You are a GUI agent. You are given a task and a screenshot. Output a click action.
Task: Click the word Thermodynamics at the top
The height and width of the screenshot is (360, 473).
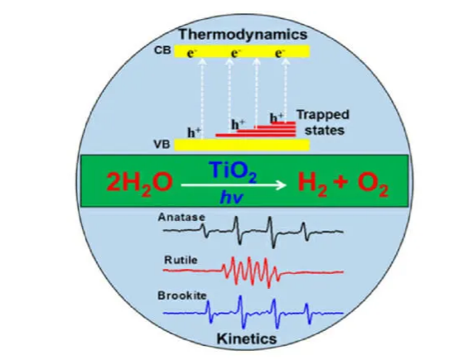[244, 34]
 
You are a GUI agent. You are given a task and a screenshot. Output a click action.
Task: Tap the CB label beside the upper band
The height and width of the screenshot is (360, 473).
[162, 50]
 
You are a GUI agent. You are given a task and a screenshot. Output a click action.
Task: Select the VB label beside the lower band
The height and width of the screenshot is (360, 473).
[162, 144]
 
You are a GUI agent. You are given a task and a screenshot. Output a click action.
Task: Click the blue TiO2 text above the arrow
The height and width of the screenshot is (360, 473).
[234, 171]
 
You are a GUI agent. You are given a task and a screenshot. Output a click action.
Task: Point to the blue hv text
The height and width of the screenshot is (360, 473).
[231, 197]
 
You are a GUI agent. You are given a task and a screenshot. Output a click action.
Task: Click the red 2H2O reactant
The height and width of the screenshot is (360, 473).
[139, 183]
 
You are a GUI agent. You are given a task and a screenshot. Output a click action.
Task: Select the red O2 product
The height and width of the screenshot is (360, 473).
[373, 185]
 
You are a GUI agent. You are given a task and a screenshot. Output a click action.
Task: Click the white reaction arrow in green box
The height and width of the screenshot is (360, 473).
[234, 185]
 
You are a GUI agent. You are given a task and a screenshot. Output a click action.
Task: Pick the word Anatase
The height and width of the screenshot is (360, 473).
[181, 217]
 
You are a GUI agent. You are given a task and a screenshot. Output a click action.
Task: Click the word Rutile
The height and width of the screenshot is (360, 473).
[181, 260]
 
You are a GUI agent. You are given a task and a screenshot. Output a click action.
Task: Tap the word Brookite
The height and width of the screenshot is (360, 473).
[182, 295]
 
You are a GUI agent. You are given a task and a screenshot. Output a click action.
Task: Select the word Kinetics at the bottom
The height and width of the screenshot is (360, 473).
[247, 338]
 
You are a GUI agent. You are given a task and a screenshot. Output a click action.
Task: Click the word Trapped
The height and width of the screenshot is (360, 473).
[322, 115]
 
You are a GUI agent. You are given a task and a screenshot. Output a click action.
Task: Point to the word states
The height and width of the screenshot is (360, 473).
[324, 131]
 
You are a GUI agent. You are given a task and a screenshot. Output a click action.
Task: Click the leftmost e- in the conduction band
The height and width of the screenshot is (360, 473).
[191, 53]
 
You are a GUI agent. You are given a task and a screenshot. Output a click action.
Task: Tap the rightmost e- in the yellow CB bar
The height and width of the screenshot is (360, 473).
[280, 53]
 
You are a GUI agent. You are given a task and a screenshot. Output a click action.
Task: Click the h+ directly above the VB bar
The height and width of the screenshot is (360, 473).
[194, 133]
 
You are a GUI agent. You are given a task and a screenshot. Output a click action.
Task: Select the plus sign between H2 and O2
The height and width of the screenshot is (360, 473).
[342, 183]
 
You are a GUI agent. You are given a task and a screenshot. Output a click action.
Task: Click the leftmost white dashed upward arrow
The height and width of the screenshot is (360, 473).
[202, 98]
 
